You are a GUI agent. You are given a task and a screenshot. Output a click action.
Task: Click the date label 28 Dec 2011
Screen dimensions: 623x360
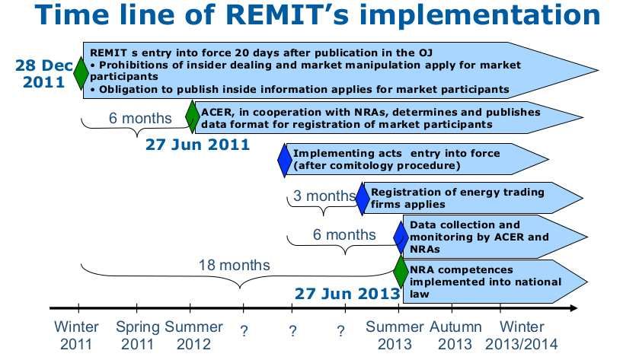point(44,74)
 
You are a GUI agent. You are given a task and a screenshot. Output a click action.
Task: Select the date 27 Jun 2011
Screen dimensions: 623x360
point(197,145)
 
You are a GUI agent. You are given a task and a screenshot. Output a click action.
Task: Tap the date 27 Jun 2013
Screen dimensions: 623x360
point(347,294)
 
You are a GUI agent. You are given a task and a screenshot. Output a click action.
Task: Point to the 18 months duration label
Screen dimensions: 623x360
point(234,265)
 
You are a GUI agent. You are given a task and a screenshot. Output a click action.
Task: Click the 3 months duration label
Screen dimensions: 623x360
point(324,196)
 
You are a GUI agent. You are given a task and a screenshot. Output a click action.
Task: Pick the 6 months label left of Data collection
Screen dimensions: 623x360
point(344,234)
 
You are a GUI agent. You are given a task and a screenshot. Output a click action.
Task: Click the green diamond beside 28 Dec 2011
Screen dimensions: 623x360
point(81,73)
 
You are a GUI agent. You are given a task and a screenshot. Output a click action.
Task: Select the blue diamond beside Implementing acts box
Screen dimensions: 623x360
point(285,161)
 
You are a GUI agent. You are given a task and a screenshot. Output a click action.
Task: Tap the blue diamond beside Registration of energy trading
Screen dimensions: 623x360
point(363,199)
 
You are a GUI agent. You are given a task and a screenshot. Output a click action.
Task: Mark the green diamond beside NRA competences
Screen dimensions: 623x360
point(401,272)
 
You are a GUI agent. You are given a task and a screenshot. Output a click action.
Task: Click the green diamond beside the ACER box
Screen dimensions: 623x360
point(193,116)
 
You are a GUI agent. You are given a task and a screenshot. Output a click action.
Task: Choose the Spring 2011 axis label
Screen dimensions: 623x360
point(138,336)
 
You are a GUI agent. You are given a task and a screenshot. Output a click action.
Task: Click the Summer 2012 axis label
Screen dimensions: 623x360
point(193,336)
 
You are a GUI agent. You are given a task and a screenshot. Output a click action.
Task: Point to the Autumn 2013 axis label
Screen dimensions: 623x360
point(455,336)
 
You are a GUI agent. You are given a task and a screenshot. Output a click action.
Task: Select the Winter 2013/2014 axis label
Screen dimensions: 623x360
point(521,336)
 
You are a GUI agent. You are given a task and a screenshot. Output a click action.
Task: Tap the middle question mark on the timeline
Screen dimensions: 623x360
point(292,331)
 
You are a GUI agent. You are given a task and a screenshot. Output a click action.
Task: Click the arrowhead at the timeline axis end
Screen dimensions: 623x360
point(573,308)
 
